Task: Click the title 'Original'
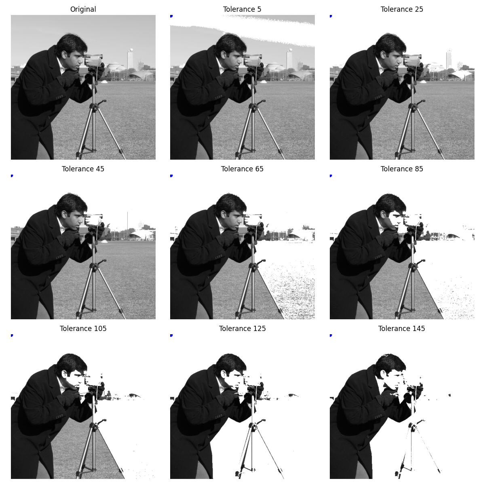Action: tap(83, 9)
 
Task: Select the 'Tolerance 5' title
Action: tap(242, 9)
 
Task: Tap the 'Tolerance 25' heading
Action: tap(402, 9)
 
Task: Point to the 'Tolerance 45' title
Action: tap(83, 169)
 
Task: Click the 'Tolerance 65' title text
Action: tap(242, 169)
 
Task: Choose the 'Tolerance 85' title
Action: tap(402, 169)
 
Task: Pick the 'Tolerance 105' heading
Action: tap(83, 329)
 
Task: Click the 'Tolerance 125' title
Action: tap(242, 329)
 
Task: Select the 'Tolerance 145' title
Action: tap(402, 329)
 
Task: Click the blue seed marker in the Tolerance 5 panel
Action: tap(171, 16)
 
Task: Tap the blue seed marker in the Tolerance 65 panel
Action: tap(171, 176)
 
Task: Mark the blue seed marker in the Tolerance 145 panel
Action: tap(331, 335)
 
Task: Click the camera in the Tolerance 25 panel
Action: tap(412, 61)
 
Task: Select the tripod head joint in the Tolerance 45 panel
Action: tap(94, 267)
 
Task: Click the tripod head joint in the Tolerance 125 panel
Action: tap(253, 426)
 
